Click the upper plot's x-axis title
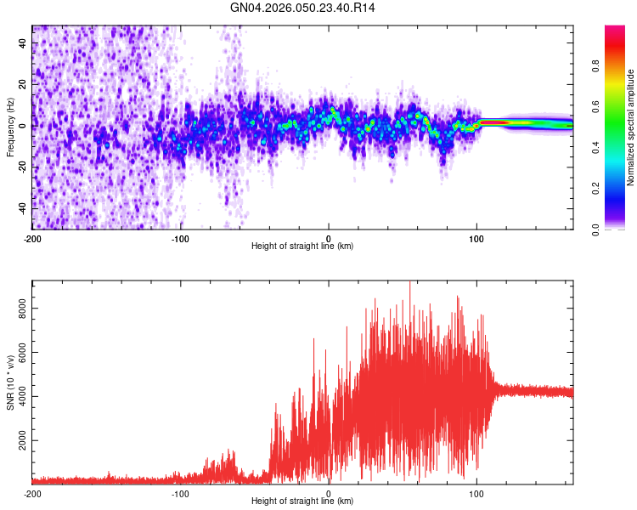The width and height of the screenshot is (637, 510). coord(302,246)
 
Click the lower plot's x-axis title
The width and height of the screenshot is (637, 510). coord(302,501)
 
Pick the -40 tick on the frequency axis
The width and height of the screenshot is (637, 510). coord(21,207)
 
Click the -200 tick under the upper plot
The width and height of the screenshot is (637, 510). coord(32,237)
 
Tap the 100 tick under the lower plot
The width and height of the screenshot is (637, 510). coord(476,492)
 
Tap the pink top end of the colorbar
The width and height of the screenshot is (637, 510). coord(614,32)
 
